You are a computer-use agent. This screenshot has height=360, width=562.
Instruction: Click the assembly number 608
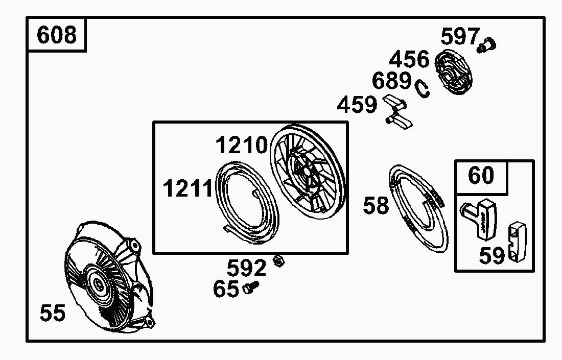tap(57, 35)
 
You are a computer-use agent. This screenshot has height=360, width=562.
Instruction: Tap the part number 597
tap(460, 37)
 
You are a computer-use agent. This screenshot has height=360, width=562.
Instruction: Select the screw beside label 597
tap(486, 45)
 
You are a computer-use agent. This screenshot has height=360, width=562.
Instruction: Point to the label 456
tap(409, 59)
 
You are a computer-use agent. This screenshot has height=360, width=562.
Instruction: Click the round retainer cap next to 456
tap(453, 73)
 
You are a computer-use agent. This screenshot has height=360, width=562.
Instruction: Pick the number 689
tap(391, 81)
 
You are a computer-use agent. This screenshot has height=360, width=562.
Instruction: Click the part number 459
tap(357, 105)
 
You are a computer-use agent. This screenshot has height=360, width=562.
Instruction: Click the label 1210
tap(241, 145)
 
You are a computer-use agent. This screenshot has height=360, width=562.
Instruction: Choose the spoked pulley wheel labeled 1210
tap(308, 172)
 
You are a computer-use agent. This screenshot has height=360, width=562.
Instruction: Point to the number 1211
tap(188, 188)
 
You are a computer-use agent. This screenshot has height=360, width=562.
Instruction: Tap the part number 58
tap(376, 206)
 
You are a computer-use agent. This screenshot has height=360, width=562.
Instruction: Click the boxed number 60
tap(481, 175)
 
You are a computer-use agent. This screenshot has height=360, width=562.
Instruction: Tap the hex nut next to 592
tap(278, 260)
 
